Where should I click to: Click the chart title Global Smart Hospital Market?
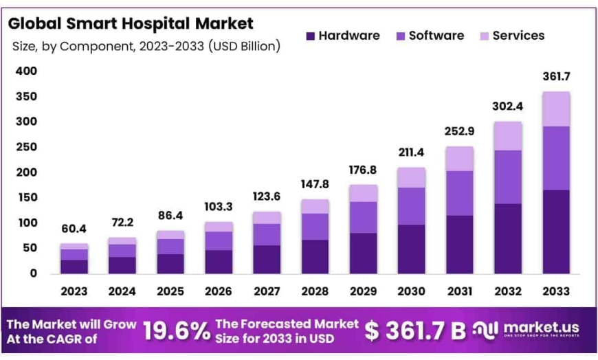click(x=131, y=23)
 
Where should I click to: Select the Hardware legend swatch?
click(x=310, y=36)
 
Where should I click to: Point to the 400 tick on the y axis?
click(x=25, y=71)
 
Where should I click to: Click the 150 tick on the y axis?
click(x=25, y=197)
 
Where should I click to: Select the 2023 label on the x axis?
click(x=74, y=291)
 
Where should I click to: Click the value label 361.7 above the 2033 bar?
click(x=555, y=76)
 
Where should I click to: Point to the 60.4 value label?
click(x=74, y=228)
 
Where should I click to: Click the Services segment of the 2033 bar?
click(x=555, y=109)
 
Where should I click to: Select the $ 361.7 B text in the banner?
click(x=415, y=330)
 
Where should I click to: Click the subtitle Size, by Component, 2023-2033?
click(x=146, y=46)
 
